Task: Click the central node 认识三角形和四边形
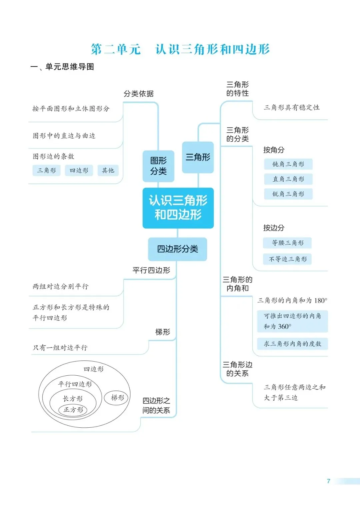coord(178,208)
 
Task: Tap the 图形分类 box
coord(158,166)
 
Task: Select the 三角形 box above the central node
coord(198,157)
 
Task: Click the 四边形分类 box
coord(177,249)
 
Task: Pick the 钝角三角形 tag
coord(288,164)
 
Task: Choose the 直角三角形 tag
coord(288,179)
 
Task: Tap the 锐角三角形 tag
coord(288,194)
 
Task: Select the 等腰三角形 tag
coord(287,243)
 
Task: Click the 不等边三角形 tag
coord(287,259)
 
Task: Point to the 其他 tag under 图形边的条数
coord(108,170)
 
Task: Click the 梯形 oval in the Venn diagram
coord(117,398)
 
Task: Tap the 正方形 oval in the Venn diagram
coord(73,410)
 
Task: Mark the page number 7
coord(328,481)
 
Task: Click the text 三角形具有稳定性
coord(292,107)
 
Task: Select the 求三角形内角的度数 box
coord(292,344)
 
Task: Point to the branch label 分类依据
coord(138,94)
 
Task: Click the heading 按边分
coord(274,228)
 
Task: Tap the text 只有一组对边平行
coord(60,348)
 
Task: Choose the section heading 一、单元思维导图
coord(62,67)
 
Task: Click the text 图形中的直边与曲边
coord(64,136)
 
